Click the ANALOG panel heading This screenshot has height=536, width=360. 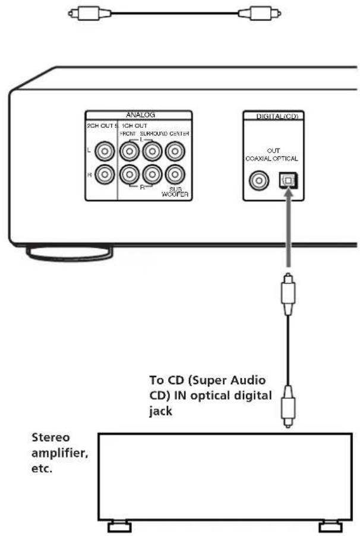click(x=138, y=116)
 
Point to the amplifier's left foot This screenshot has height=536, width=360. click(x=119, y=525)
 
